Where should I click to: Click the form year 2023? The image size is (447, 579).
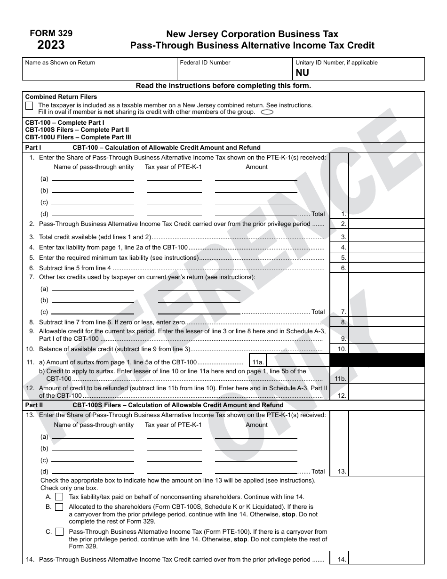(51, 45)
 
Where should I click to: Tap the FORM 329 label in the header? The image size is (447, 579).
(51, 33)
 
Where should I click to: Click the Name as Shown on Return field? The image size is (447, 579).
(99, 72)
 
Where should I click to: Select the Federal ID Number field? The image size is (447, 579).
(234, 72)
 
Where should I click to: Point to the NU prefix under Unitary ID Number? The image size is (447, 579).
(303, 73)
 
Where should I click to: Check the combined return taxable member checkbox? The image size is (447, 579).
(29, 105)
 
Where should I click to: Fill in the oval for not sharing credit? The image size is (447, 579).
(267, 112)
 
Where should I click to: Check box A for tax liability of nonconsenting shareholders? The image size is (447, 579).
(59, 497)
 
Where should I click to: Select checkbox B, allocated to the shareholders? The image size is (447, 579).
(59, 507)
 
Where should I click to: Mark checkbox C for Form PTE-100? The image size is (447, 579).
(59, 531)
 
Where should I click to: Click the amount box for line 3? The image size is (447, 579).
(386, 237)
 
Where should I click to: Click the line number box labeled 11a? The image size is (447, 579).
(258, 362)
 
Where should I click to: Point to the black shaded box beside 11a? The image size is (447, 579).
(377, 360)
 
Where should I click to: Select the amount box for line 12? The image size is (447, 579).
(386, 392)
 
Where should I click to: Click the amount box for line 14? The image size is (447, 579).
(386, 559)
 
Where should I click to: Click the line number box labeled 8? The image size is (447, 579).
(339, 322)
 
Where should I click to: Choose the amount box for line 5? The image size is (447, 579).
(386, 257)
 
